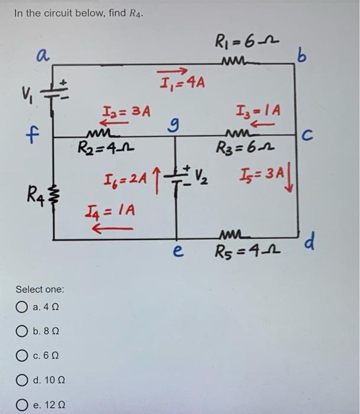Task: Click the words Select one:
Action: click(40, 289)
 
